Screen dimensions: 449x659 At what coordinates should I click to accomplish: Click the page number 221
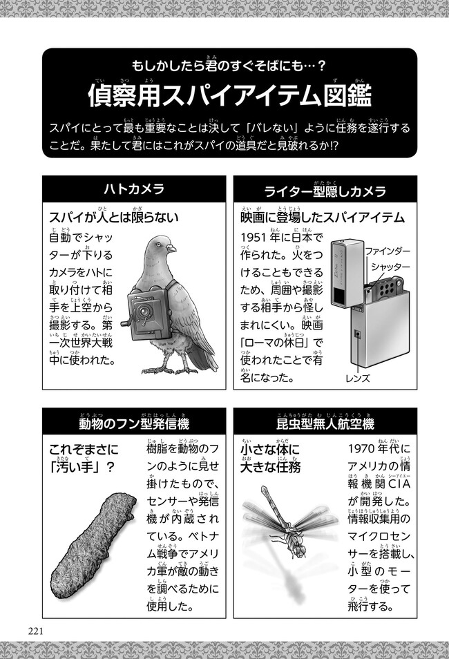point(36,631)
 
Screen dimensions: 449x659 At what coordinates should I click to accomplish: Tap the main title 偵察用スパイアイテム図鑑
point(229,96)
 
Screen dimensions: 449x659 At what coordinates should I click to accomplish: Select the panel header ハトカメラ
point(134,189)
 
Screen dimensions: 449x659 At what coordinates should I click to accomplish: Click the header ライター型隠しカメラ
point(325,191)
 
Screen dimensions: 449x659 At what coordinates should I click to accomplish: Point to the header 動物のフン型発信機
point(134,423)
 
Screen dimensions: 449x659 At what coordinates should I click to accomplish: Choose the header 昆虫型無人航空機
point(325,423)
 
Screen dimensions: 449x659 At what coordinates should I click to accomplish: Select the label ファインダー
point(388,251)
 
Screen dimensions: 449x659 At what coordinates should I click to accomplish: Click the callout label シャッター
point(390,267)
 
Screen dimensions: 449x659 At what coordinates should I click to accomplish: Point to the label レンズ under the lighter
point(358,379)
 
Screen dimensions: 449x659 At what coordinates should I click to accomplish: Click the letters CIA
point(399,484)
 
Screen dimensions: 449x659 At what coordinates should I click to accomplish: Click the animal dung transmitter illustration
point(93,548)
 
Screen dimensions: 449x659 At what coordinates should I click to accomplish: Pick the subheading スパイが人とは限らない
point(113,218)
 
